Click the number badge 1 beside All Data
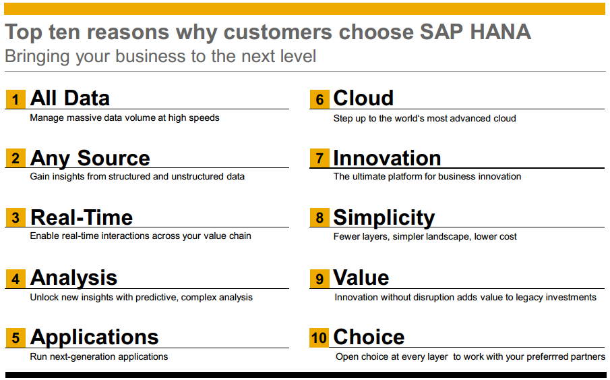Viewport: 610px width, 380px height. click(x=16, y=99)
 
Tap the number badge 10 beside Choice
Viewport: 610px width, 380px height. click(x=319, y=337)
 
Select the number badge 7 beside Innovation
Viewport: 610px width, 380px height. click(x=319, y=158)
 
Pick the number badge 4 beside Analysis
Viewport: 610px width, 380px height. click(x=16, y=279)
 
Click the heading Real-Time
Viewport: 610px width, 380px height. click(x=82, y=217)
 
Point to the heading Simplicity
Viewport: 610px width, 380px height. click(x=384, y=218)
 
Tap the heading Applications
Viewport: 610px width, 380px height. click(x=94, y=337)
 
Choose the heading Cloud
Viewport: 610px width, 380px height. click(x=363, y=98)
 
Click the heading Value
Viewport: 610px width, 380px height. click(x=361, y=277)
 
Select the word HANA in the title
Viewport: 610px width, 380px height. click(x=500, y=32)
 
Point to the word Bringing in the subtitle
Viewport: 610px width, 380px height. click(x=37, y=57)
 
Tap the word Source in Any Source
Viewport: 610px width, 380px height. click(x=114, y=158)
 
